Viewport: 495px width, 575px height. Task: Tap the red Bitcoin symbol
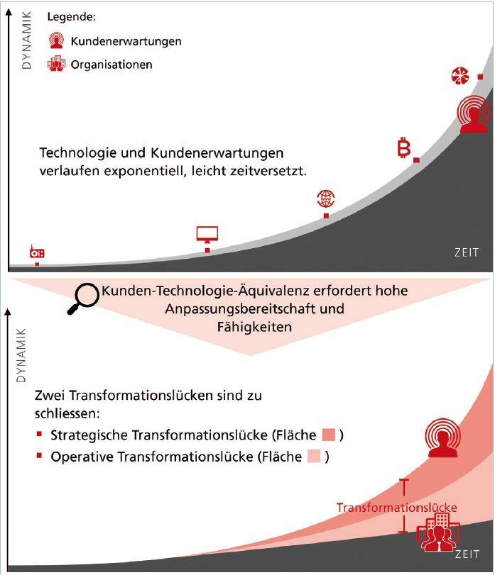tap(404, 149)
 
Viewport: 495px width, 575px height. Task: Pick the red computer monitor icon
tap(207, 234)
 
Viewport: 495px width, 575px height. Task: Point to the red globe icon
tap(326, 199)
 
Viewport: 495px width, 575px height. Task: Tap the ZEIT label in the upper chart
tap(467, 253)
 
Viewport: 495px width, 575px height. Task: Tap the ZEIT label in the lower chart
tap(467, 554)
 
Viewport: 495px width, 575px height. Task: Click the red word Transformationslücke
tap(396, 508)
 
